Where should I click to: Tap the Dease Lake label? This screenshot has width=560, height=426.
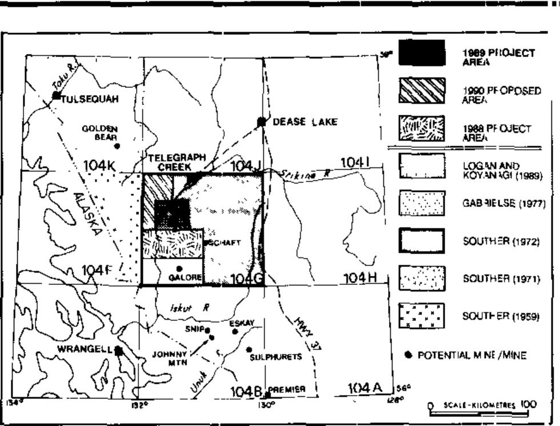click(x=305, y=122)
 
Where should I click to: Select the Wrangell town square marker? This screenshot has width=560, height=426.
click(x=119, y=350)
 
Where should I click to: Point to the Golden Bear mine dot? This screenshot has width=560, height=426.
click(x=117, y=146)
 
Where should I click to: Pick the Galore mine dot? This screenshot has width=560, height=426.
click(x=179, y=268)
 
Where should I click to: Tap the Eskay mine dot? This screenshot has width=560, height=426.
click(x=235, y=331)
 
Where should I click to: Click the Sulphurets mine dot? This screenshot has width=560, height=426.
click(x=249, y=349)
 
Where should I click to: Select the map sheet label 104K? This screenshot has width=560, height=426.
click(x=101, y=166)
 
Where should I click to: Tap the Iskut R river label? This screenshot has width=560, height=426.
click(x=187, y=307)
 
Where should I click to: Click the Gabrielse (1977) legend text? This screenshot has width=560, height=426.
click(x=502, y=203)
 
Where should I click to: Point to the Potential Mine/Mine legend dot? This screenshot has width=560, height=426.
click(x=408, y=355)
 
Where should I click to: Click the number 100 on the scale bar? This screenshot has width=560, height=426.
click(x=528, y=405)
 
